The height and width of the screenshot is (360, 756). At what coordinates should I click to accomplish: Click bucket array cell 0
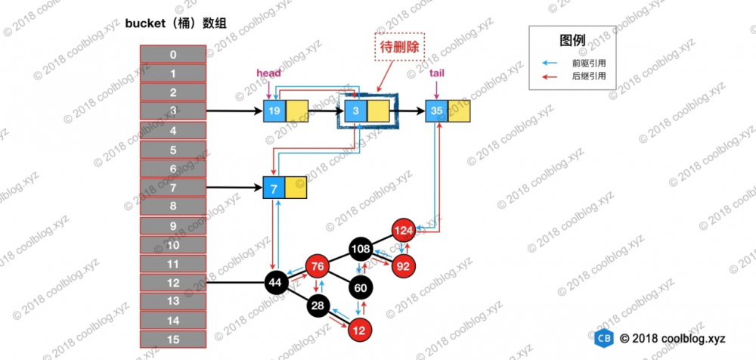[x=173, y=54]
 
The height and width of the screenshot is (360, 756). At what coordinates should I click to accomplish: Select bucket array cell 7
[x=173, y=187]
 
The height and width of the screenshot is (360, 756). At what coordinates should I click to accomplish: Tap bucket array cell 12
[x=173, y=282]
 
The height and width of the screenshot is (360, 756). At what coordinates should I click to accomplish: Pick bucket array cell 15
[x=173, y=339]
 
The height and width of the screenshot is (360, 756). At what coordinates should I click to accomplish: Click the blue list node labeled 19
[x=274, y=110]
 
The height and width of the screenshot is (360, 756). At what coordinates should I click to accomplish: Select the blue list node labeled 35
[x=436, y=110]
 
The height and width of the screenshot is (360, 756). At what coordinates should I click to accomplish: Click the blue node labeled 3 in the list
[x=356, y=110]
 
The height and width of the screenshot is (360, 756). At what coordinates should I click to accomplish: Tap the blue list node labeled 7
[x=274, y=187]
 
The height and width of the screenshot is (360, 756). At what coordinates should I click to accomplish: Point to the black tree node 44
[x=275, y=282]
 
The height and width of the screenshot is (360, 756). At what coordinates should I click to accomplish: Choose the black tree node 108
[x=360, y=247]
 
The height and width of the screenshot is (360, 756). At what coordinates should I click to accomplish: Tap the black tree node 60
[x=360, y=287]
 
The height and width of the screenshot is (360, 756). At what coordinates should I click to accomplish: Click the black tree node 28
[x=318, y=305]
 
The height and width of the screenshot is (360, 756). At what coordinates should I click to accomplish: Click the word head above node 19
[x=269, y=73]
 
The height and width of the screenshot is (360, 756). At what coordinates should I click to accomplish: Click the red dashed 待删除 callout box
[x=400, y=47]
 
